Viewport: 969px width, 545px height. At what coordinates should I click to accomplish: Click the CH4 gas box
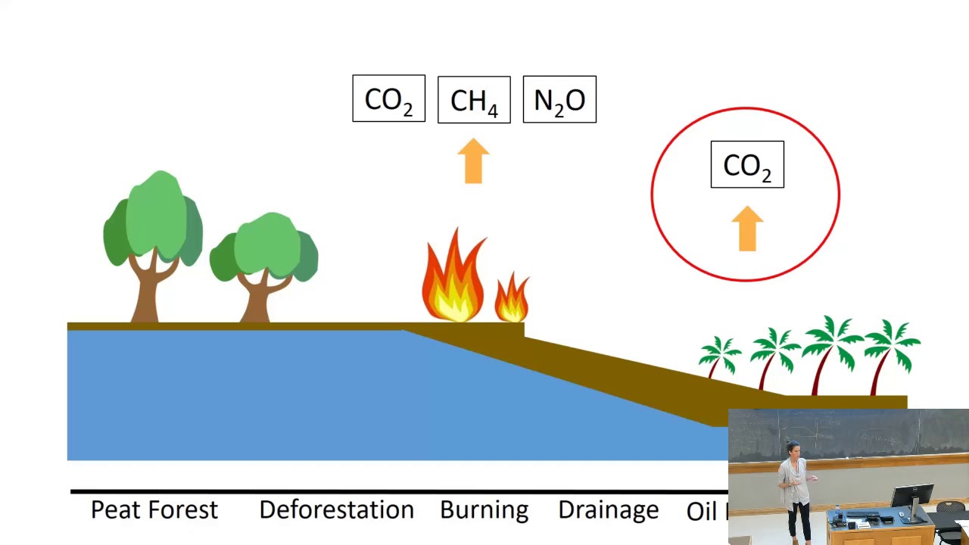(474, 100)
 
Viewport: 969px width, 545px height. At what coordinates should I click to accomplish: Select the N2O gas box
(559, 100)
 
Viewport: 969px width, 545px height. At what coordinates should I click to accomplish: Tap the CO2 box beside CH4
(388, 99)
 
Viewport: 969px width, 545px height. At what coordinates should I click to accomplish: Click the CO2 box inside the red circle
(747, 165)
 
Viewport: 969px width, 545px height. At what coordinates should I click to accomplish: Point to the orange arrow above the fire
(474, 160)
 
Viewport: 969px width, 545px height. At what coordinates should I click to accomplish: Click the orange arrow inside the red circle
(747, 228)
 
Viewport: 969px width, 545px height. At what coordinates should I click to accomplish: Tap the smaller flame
(512, 298)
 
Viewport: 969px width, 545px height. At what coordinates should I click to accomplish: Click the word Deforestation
(336, 510)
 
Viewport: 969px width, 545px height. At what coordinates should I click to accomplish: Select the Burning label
(484, 510)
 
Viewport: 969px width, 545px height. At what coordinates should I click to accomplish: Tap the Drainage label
(608, 510)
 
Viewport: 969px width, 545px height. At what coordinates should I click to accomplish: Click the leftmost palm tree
(718, 356)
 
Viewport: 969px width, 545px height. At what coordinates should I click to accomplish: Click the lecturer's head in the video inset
(793, 449)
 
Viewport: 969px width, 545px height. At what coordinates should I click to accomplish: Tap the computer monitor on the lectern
(911, 496)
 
